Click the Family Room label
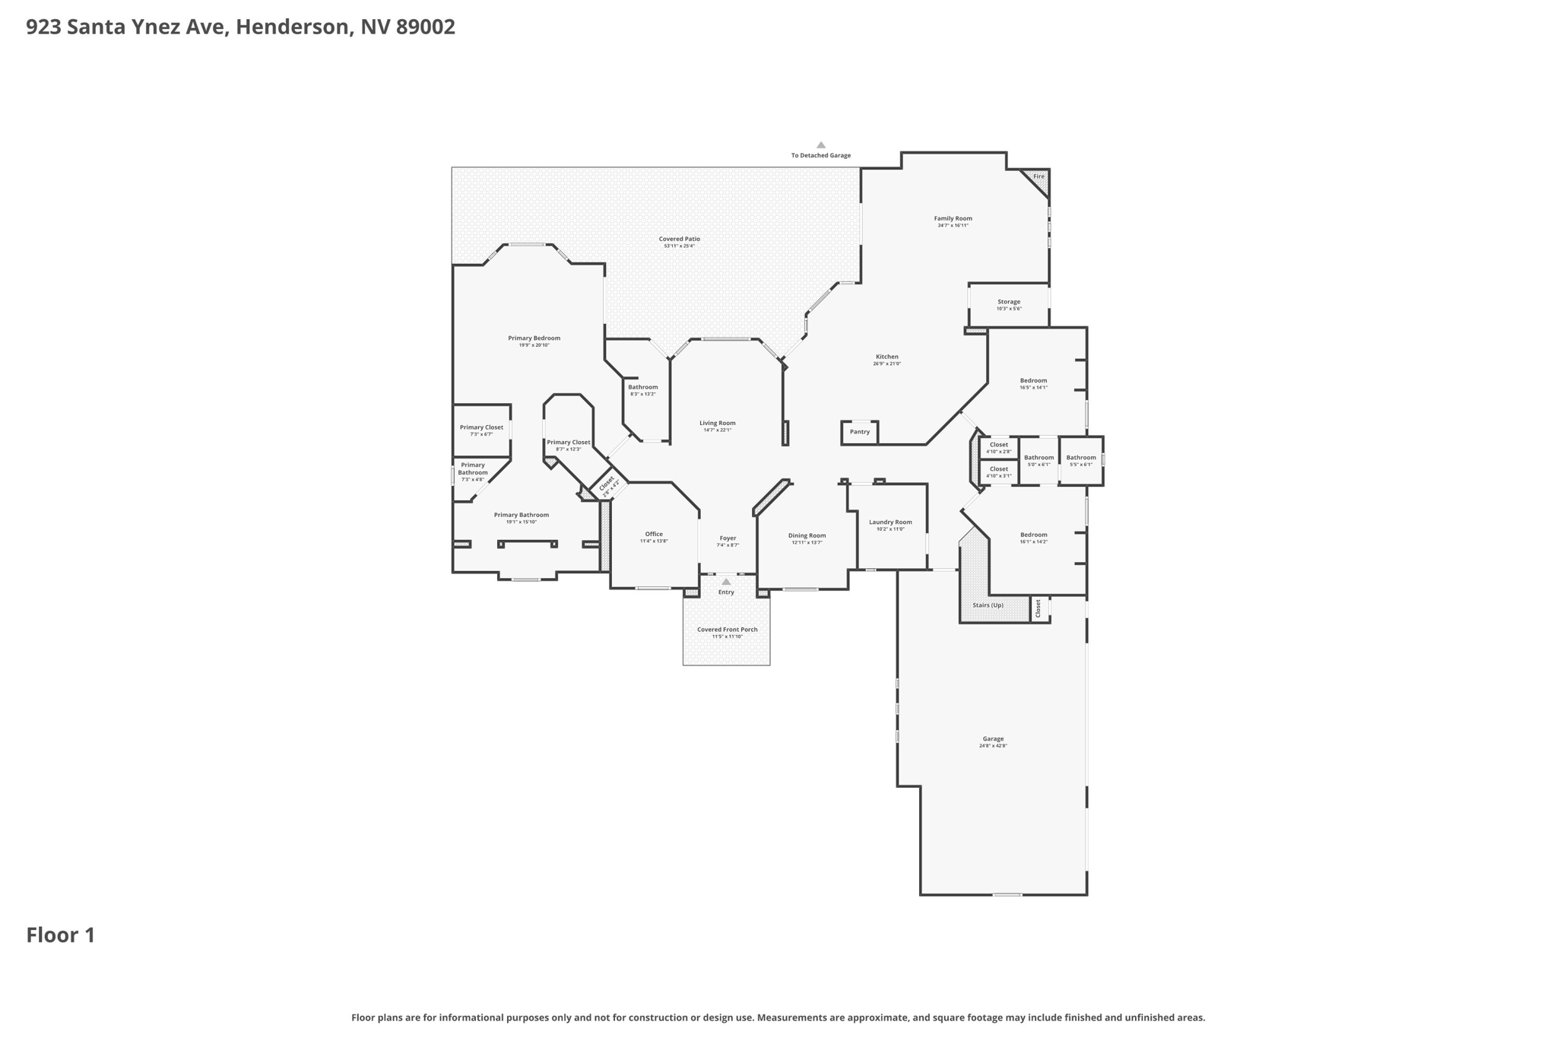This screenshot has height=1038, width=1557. pyautogui.click(x=953, y=219)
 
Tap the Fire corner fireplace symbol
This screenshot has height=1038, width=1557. pyautogui.click(x=1038, y=178)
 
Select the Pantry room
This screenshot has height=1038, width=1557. pyautogui.click(x=860, y=432)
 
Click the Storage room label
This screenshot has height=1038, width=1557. pyautogui.click(x=1009, y=302)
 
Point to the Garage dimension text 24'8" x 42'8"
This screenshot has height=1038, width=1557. pyautogui.click(x=993, y=746)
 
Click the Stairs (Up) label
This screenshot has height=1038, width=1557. pyautogui.click(x=988, y=605)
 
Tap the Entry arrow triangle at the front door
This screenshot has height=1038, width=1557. pyautogui.click(x=726, y=582)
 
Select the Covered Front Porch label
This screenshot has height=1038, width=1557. pyautogui.click(x=727, y=630)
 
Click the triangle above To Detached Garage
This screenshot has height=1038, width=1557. pyautogui.click(x=821, y=144)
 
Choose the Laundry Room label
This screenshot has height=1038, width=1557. pyautogui.click(x=890, y=522)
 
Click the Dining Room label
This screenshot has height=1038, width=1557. pyautogui.click(x=807, y=535)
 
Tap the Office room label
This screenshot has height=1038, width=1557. pyautogui.click(x=654, y=534)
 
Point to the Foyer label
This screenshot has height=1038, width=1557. pyautogui.click(x=728, y=538)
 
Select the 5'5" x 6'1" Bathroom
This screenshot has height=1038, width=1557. pyautogui.click(x=1081, y=460)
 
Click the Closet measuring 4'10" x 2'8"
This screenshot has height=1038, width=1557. pyautogui.click(x=999, y=447)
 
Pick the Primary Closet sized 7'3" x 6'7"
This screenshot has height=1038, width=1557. pyautogui.click(x=481, y=430)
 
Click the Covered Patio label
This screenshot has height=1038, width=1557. pyautogui.click(x=679, y=239)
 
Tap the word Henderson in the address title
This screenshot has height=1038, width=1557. pyautogui.click(x=293, y=27)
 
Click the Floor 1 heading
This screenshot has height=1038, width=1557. pyautogui.click(x=61, y=935)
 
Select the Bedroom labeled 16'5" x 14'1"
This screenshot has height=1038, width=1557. pyautogui.click(x=1033, y=383)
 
